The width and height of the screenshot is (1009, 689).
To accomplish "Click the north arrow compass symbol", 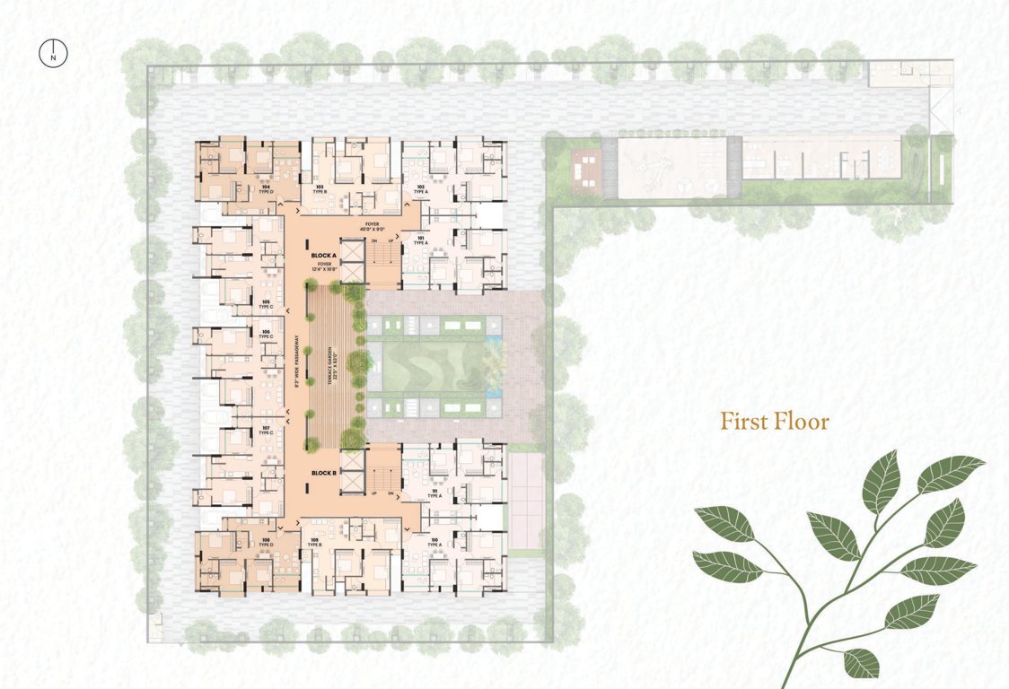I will (x=54, y=53).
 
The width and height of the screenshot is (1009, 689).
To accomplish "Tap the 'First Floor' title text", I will (x=775, y=421).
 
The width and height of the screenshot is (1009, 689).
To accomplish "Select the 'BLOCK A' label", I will (x=324, y=255).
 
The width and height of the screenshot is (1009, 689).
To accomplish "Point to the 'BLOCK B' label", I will (x=324, y=473).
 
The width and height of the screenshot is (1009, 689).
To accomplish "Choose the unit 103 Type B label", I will (x=319, y=189).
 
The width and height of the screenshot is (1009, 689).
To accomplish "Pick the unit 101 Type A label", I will (x=419, y=240).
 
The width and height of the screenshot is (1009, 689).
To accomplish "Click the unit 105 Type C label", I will (x=266, y=304).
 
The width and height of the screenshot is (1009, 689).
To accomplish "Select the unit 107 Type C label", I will (x=266, y=430).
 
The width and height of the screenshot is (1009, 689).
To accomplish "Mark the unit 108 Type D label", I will (x=267, y=542).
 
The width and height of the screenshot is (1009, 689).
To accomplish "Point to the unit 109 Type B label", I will (x=315, y=542).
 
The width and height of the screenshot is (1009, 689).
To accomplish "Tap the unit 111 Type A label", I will (x=434, y=493).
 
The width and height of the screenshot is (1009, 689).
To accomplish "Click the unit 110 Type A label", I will (x=434, y=542).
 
